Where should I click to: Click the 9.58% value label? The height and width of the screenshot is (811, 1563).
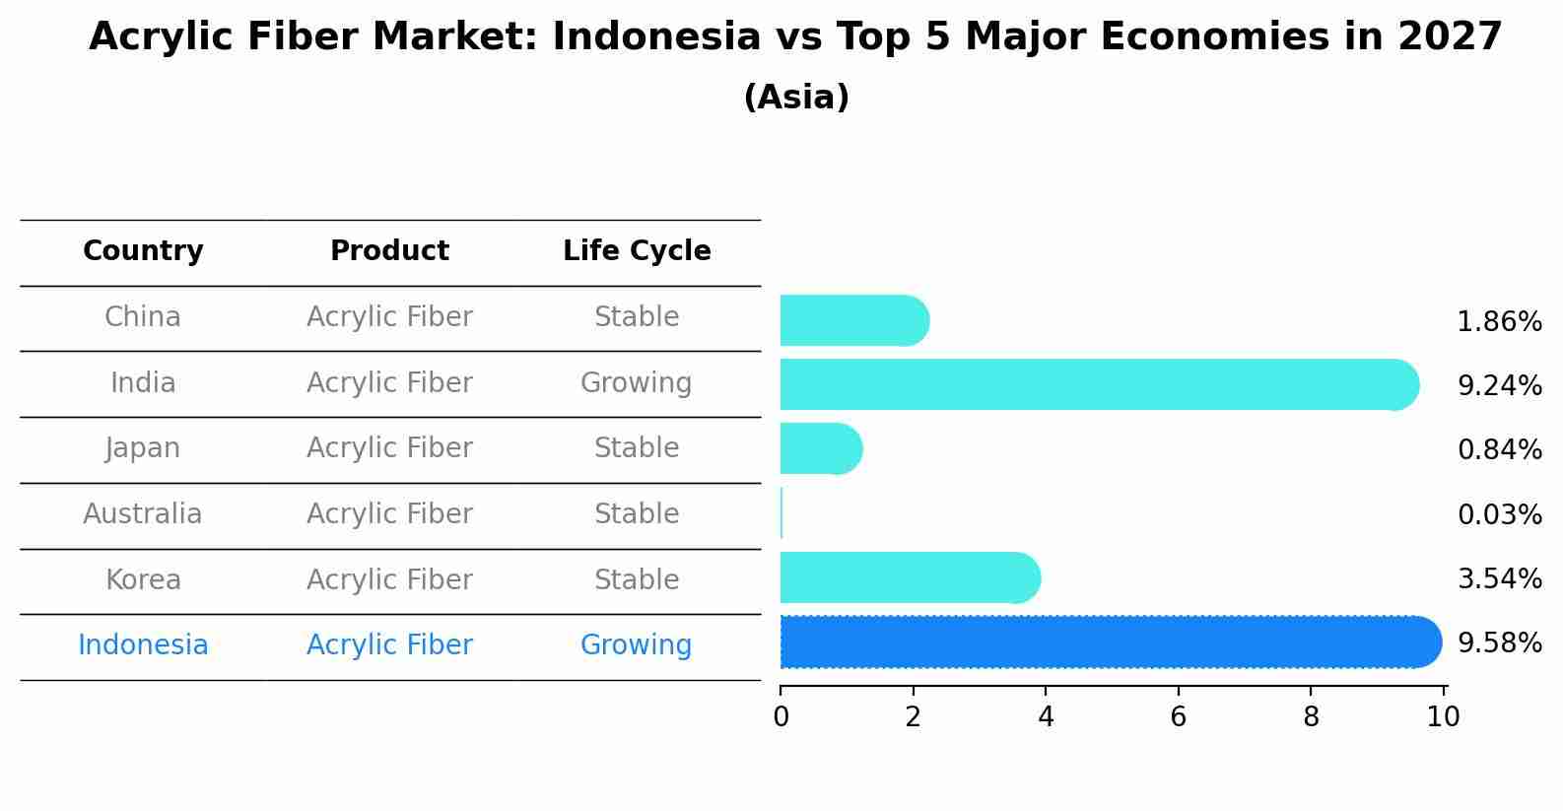coord(1499,643)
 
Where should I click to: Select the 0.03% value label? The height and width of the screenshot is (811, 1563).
coord(1499,514)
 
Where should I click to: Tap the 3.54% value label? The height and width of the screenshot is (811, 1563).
coord(1499,578)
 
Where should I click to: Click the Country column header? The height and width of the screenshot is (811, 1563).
coord(143,251)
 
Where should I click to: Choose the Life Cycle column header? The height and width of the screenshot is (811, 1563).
coord(637,251)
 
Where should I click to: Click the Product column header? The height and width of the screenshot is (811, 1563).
coord(389,251)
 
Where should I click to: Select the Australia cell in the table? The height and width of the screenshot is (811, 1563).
coord(143,514)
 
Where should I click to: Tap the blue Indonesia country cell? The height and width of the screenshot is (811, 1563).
coord(143,645)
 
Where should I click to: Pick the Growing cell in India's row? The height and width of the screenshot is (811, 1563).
coord(637,383)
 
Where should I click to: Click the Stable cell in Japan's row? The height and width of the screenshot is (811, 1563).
coord(637,448)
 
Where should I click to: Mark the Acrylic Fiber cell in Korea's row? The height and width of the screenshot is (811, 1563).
coord(389,580)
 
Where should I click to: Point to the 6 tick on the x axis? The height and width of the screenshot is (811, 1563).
coord(1178,717)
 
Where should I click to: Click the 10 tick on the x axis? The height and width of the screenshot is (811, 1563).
coord(1443,717)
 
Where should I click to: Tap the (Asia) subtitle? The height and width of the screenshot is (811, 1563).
coord(796,98)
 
